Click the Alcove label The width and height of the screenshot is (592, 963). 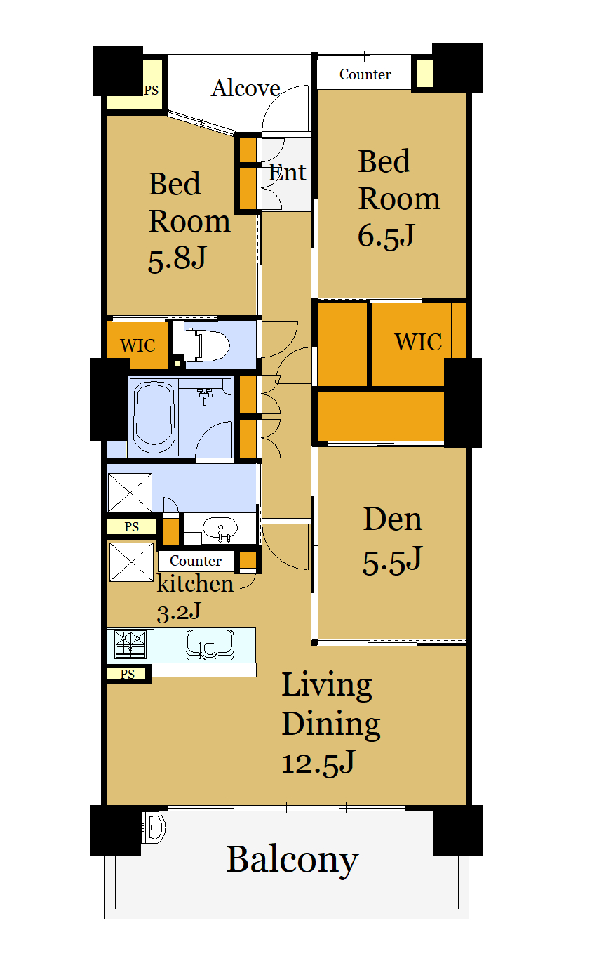click(245, 88)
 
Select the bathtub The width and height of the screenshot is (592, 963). click(154, 417)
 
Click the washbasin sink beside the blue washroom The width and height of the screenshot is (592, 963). click(220, 528)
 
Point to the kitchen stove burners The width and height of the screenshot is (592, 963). click(130, 644)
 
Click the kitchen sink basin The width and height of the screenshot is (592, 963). click(210, 644)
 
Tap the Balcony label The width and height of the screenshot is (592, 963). click(292, 860)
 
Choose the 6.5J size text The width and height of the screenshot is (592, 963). click(386, 236)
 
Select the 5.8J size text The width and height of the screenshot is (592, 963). click(177, 259)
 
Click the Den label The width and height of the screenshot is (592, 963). click(393, 519)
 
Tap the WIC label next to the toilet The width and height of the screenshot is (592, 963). click(137, 345)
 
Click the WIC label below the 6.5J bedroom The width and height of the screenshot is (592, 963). click(419, 343)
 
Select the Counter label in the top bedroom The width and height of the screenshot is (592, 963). click(365, 74)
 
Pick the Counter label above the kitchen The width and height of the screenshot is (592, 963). click(196, 561)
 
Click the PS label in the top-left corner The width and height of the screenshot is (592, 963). click(151, 91)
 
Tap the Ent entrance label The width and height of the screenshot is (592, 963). click(287, 173)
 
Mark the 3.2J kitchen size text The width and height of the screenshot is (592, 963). click(179, 612)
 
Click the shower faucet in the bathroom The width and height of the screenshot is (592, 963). click(205, 396)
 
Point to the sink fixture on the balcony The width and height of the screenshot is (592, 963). click(154, 828)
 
